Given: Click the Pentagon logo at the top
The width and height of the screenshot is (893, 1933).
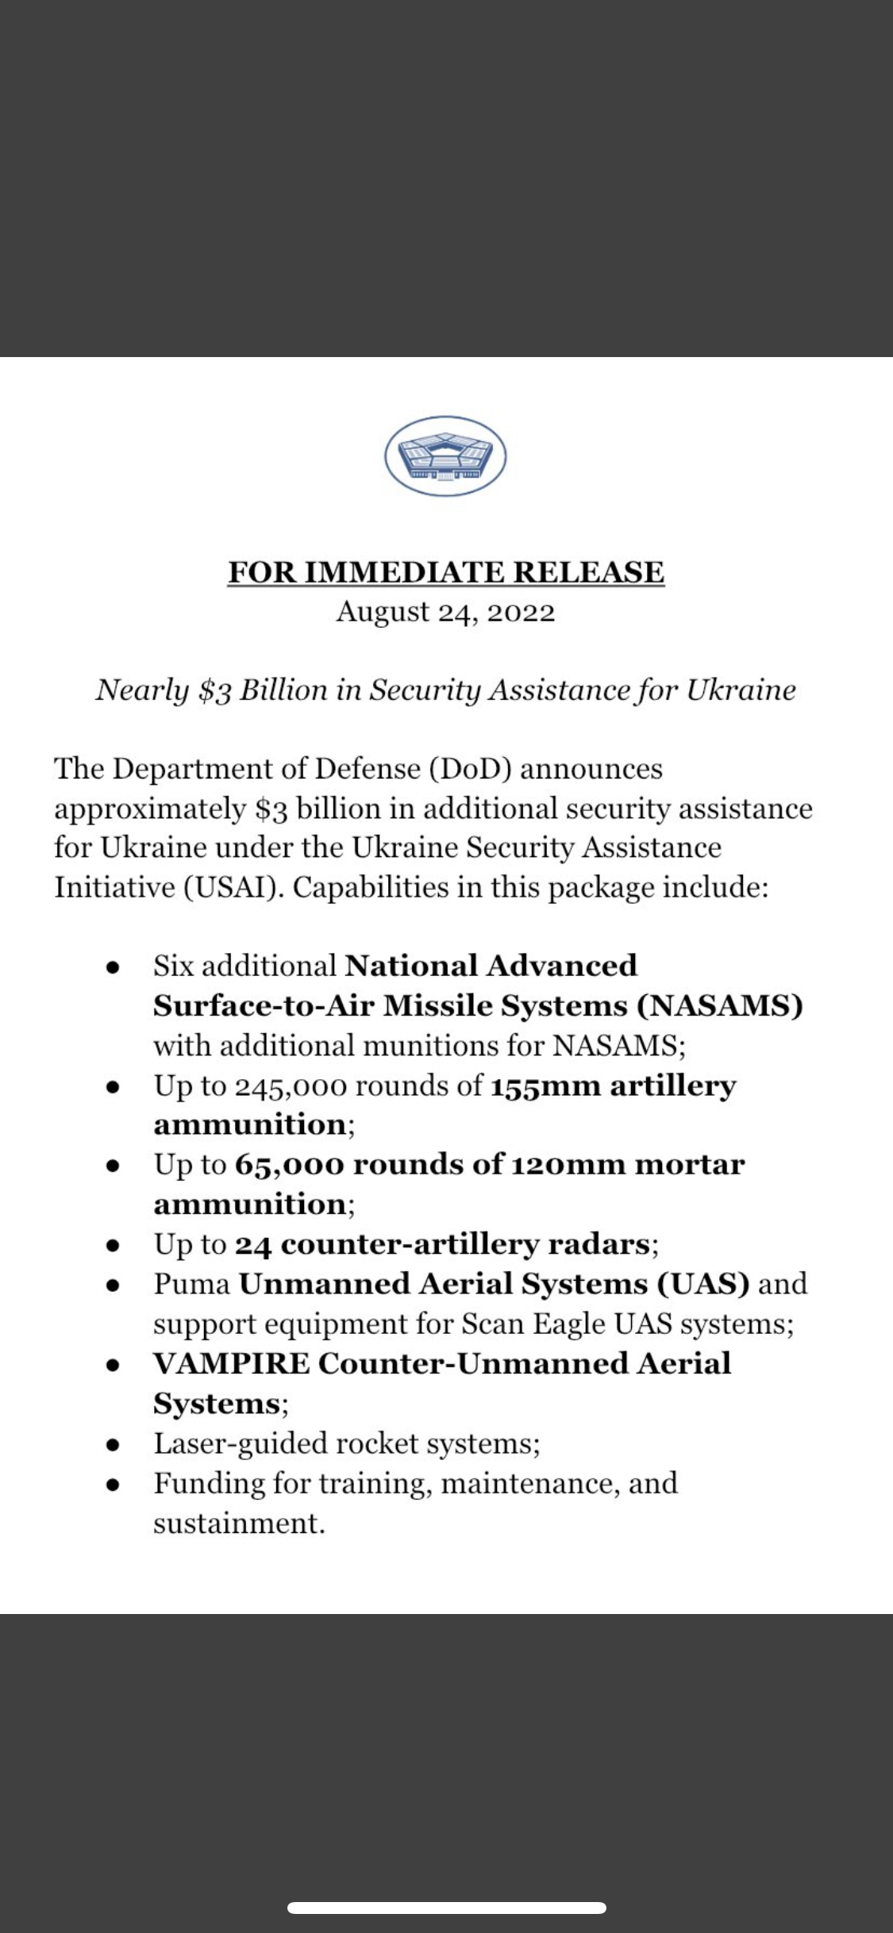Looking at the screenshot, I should pos(445,456).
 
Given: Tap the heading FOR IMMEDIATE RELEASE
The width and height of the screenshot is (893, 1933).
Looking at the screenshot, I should pos(446,572).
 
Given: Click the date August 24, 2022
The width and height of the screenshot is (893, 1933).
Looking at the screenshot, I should pos(445,613).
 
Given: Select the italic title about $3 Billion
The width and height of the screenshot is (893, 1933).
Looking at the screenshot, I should pos(445,690).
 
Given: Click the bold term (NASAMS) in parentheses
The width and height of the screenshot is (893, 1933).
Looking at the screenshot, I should pos(720,1006).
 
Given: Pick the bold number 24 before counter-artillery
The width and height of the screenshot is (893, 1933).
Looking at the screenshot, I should pos(253,1244).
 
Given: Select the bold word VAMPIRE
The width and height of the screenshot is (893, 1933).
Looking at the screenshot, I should pos(231,1363).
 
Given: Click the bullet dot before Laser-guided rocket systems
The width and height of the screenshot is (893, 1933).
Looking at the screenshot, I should pos(114,1445).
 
